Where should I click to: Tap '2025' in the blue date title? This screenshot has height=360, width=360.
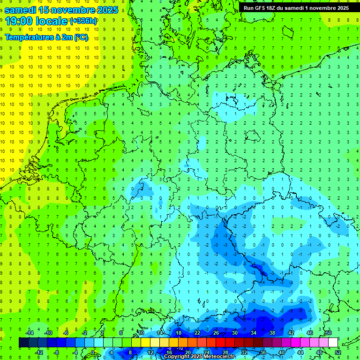point(105,9)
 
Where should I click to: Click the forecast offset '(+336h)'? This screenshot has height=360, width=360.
point(83,21)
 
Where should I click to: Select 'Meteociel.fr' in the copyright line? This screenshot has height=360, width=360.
point(219,357)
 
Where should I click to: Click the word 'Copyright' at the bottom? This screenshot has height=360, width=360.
point(177,357)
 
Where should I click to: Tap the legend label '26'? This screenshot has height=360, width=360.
point(216,333)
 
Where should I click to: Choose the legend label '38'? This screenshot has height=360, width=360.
point(272,333)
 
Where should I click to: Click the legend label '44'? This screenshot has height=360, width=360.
point(300,352)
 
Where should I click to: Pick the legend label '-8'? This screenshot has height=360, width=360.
point(57,352)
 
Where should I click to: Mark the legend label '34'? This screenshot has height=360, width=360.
point(254,333)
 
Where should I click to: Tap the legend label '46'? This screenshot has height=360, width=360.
point(310,333)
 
